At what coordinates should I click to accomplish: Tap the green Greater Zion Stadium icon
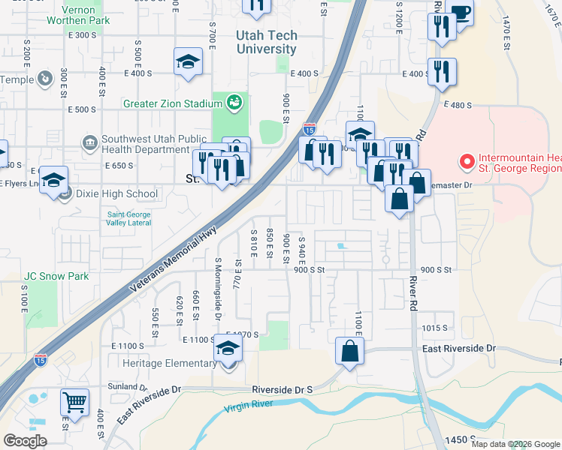point(235,100)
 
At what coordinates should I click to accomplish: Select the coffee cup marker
point(459,13)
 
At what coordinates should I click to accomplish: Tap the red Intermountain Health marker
point(467,161)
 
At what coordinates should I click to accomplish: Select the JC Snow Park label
point(56,276)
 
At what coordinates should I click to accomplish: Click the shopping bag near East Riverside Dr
point(350,350)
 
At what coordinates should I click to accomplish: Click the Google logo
point(25,441)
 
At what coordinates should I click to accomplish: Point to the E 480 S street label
point(458,106)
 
